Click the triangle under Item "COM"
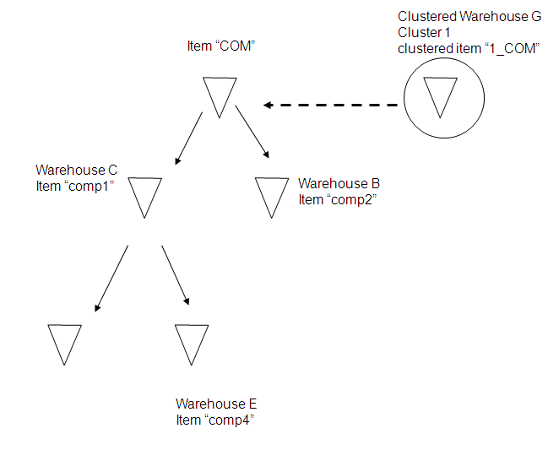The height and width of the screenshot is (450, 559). [x=220, y=93]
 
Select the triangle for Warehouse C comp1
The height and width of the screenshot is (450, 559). [x=145, y=194]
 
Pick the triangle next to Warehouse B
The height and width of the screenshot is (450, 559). [x=272, y=194]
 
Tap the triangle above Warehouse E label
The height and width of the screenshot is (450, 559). [x=191, y=341]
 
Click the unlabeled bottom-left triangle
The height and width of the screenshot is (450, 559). [x=65, y=341]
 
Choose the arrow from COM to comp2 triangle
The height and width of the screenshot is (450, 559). [x=252, y=132]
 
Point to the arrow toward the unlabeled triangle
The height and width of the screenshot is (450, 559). [x=111, y=279]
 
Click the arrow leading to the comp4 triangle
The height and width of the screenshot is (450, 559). [x=175, y=275]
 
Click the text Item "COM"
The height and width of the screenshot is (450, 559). [x=221, y=46]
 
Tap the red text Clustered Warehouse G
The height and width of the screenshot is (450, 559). [x=469, y=16]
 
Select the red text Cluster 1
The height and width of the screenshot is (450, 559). [x=424, y=32]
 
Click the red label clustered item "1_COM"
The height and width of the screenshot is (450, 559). [x=468, y=48]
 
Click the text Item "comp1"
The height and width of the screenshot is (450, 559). [x=75, y=185]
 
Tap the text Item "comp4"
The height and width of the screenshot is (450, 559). [x=214, y=420]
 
